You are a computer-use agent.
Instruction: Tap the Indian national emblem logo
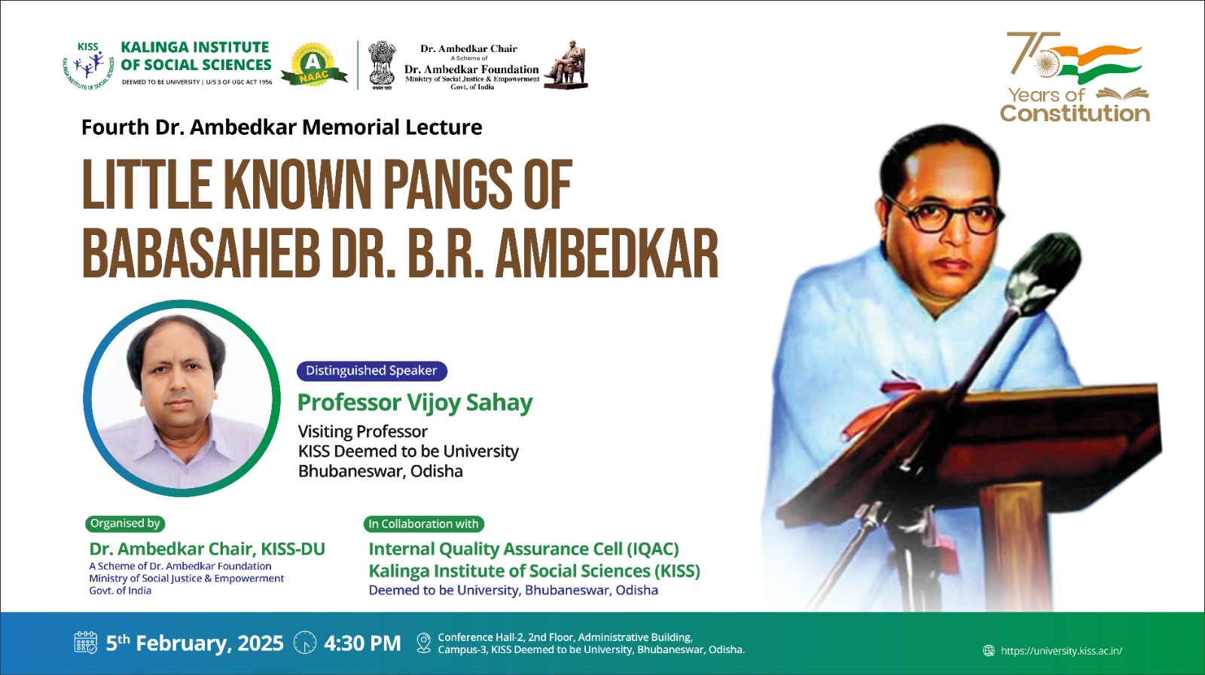click(382, 65)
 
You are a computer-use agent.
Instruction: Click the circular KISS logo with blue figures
click(88, 66)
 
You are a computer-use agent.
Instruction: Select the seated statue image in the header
click(566, 64)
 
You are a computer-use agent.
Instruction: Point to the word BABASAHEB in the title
click(200, 253)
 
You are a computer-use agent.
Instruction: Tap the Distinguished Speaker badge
click(372, 371)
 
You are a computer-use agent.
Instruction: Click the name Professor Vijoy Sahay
click(415, 402)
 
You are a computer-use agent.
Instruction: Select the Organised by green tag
click(125, 524)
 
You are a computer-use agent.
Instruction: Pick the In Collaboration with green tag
click(423, 524)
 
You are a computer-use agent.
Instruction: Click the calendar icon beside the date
click(86, 643)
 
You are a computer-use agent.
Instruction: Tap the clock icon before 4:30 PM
click(305, 643)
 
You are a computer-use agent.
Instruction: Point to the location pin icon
click(424, 643)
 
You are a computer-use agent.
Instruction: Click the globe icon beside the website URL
click(989, 651)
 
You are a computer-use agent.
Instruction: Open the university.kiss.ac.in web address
click(1061, 651)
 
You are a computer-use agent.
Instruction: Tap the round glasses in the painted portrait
click(946, 214)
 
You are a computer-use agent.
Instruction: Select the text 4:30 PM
click(362, 643)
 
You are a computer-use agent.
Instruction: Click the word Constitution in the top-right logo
click(1075, 114)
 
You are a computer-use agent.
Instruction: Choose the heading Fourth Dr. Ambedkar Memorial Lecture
click(282, 127)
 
